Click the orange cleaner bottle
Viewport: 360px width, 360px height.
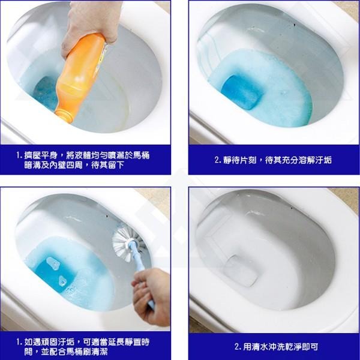(81, 75)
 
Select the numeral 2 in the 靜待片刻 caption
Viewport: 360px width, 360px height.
(217, 160)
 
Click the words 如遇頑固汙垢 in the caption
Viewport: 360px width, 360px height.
(51, 341)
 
